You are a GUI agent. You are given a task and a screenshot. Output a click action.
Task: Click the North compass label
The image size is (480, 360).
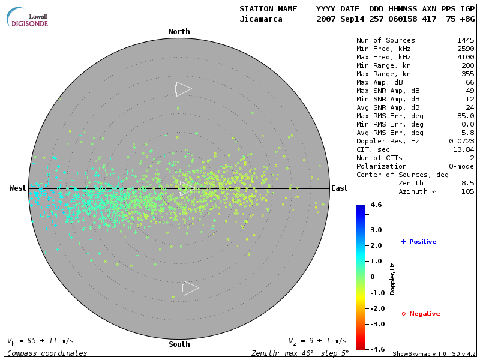click(179, 32)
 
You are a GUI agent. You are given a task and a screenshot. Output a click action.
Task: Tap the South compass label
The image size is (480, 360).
click(179, 344)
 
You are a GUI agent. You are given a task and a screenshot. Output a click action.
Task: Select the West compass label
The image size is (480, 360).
click(17, 188)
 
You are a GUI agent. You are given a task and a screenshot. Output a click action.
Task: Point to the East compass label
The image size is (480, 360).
click(340, 188)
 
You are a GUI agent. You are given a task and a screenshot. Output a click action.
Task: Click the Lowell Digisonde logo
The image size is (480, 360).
click(28, 17)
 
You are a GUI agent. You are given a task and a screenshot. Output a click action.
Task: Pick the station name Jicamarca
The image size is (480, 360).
click(262, 19)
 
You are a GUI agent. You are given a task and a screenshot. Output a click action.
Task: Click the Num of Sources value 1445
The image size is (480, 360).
click(465, 40)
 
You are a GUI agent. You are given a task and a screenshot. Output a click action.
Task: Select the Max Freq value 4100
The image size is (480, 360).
click(465, 57)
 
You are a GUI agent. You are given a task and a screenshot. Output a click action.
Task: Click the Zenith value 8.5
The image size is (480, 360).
click(467, 183)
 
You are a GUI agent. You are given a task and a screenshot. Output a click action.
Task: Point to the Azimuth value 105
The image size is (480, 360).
click(467, 191)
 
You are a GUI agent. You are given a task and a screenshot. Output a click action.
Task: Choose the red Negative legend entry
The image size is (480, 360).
click(421, 314)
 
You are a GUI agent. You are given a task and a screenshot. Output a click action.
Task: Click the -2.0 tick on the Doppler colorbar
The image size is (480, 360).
click(376, 308)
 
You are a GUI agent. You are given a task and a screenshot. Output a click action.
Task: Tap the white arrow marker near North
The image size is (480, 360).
click(183, 89)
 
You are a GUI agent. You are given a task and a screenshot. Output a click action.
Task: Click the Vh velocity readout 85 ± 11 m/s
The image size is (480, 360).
click(40, 341)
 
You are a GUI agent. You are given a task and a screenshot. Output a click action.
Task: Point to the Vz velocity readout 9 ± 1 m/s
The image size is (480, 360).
click(317, 341)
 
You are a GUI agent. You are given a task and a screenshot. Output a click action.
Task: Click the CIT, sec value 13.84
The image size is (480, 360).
click(465, 149)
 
